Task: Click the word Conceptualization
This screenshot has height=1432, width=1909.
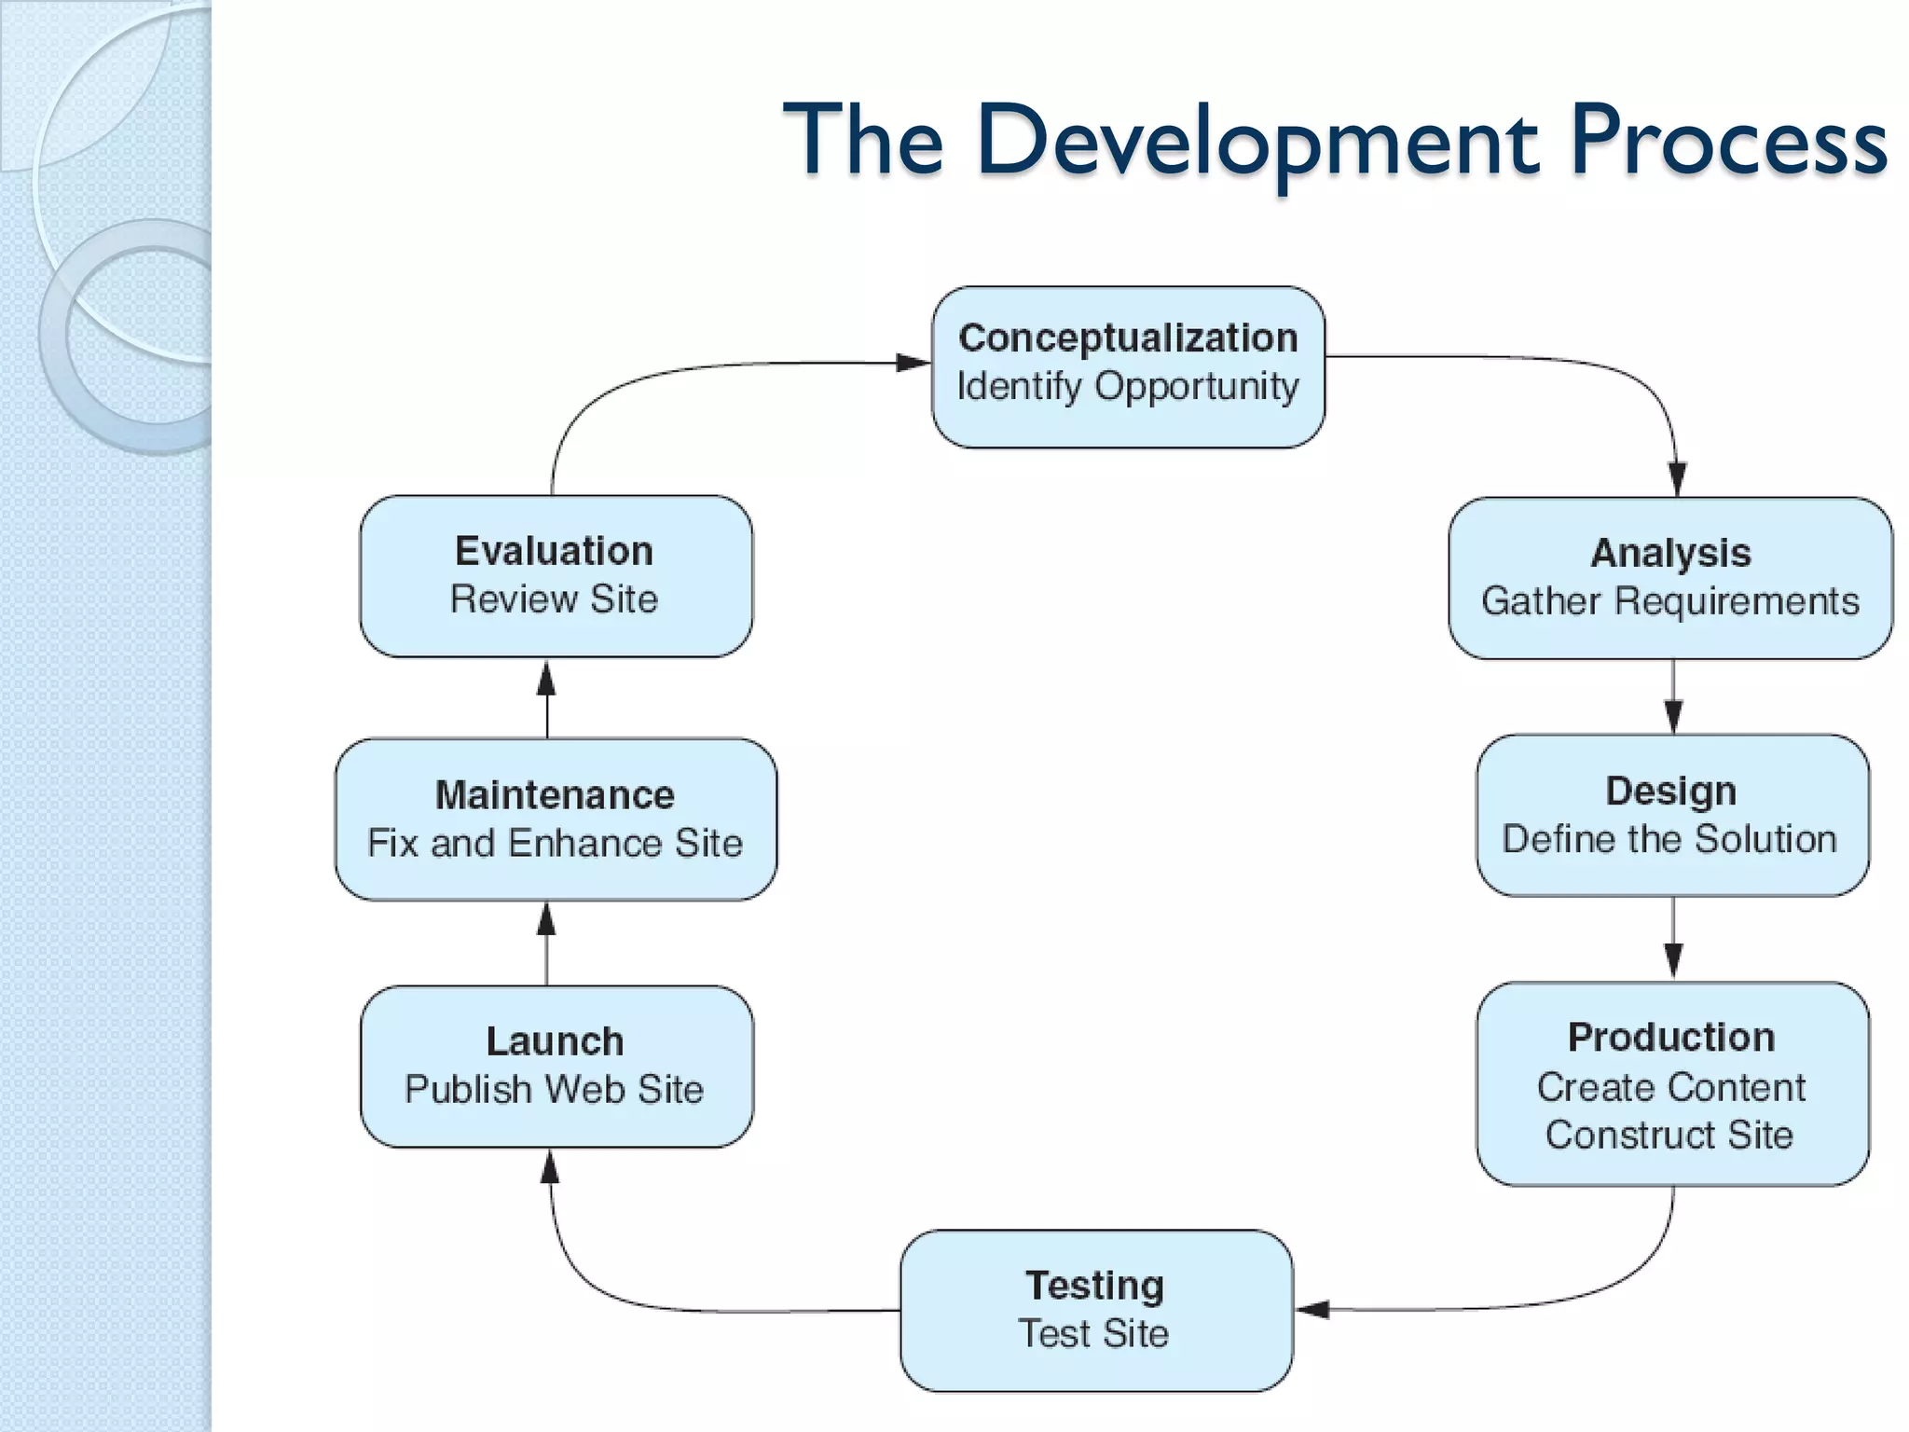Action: tap(1128, 337)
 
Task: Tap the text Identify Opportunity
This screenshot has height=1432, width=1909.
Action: tap(1128, 386)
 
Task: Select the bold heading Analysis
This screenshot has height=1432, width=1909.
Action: tap(1670, 553)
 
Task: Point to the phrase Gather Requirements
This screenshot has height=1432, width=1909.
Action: tap(1670, 601)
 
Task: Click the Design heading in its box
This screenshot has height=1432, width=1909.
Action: tap(1671, 791)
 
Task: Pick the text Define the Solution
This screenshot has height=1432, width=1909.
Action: tap(1669, 839)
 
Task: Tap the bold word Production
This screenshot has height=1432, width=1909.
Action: tap(1671, 1038)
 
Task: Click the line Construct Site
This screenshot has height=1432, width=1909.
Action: tap(1669, 1135)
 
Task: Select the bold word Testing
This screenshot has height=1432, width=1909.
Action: tap(1095, 1286)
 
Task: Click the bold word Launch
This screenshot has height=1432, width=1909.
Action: tap(555, 1041)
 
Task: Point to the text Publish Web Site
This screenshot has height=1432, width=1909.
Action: tap(555, 1089)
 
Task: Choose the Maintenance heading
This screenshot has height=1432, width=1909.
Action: tap(555, 795)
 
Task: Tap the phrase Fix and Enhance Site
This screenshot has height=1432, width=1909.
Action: tap(555, 843)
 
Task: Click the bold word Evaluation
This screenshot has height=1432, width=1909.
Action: tap(554, 551)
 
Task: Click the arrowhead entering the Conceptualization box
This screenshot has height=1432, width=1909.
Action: tap(913, 362)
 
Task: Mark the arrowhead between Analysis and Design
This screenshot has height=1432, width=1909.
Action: tap(1673, 716)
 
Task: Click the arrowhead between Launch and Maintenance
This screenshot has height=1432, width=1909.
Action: tap(547, 919)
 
